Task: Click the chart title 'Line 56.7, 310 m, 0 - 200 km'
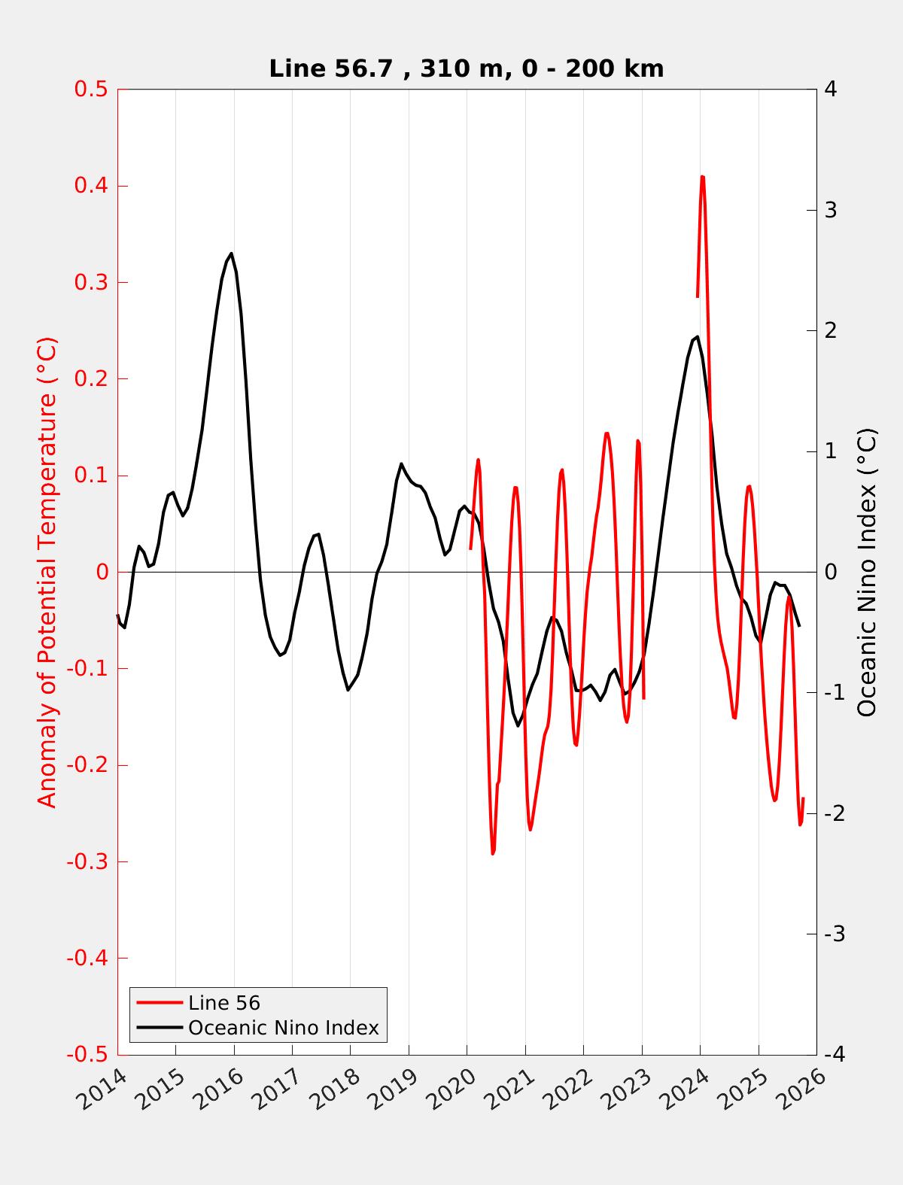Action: (466, 68)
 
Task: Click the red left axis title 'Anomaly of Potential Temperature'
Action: (47, 572)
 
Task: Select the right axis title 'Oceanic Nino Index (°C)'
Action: (867, 572)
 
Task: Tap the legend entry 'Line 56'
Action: (223, 1003)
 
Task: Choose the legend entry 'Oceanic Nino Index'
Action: (283, 1027)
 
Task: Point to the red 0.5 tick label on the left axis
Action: (90, 90)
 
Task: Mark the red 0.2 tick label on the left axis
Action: (90, 378)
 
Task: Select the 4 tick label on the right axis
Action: (831, 90)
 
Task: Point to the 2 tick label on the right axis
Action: (831, 330)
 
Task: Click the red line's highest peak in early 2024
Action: (702, 177)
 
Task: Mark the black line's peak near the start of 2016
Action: (231, 254)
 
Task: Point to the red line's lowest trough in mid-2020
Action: (493, 853)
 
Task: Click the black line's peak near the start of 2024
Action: (698, 336)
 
